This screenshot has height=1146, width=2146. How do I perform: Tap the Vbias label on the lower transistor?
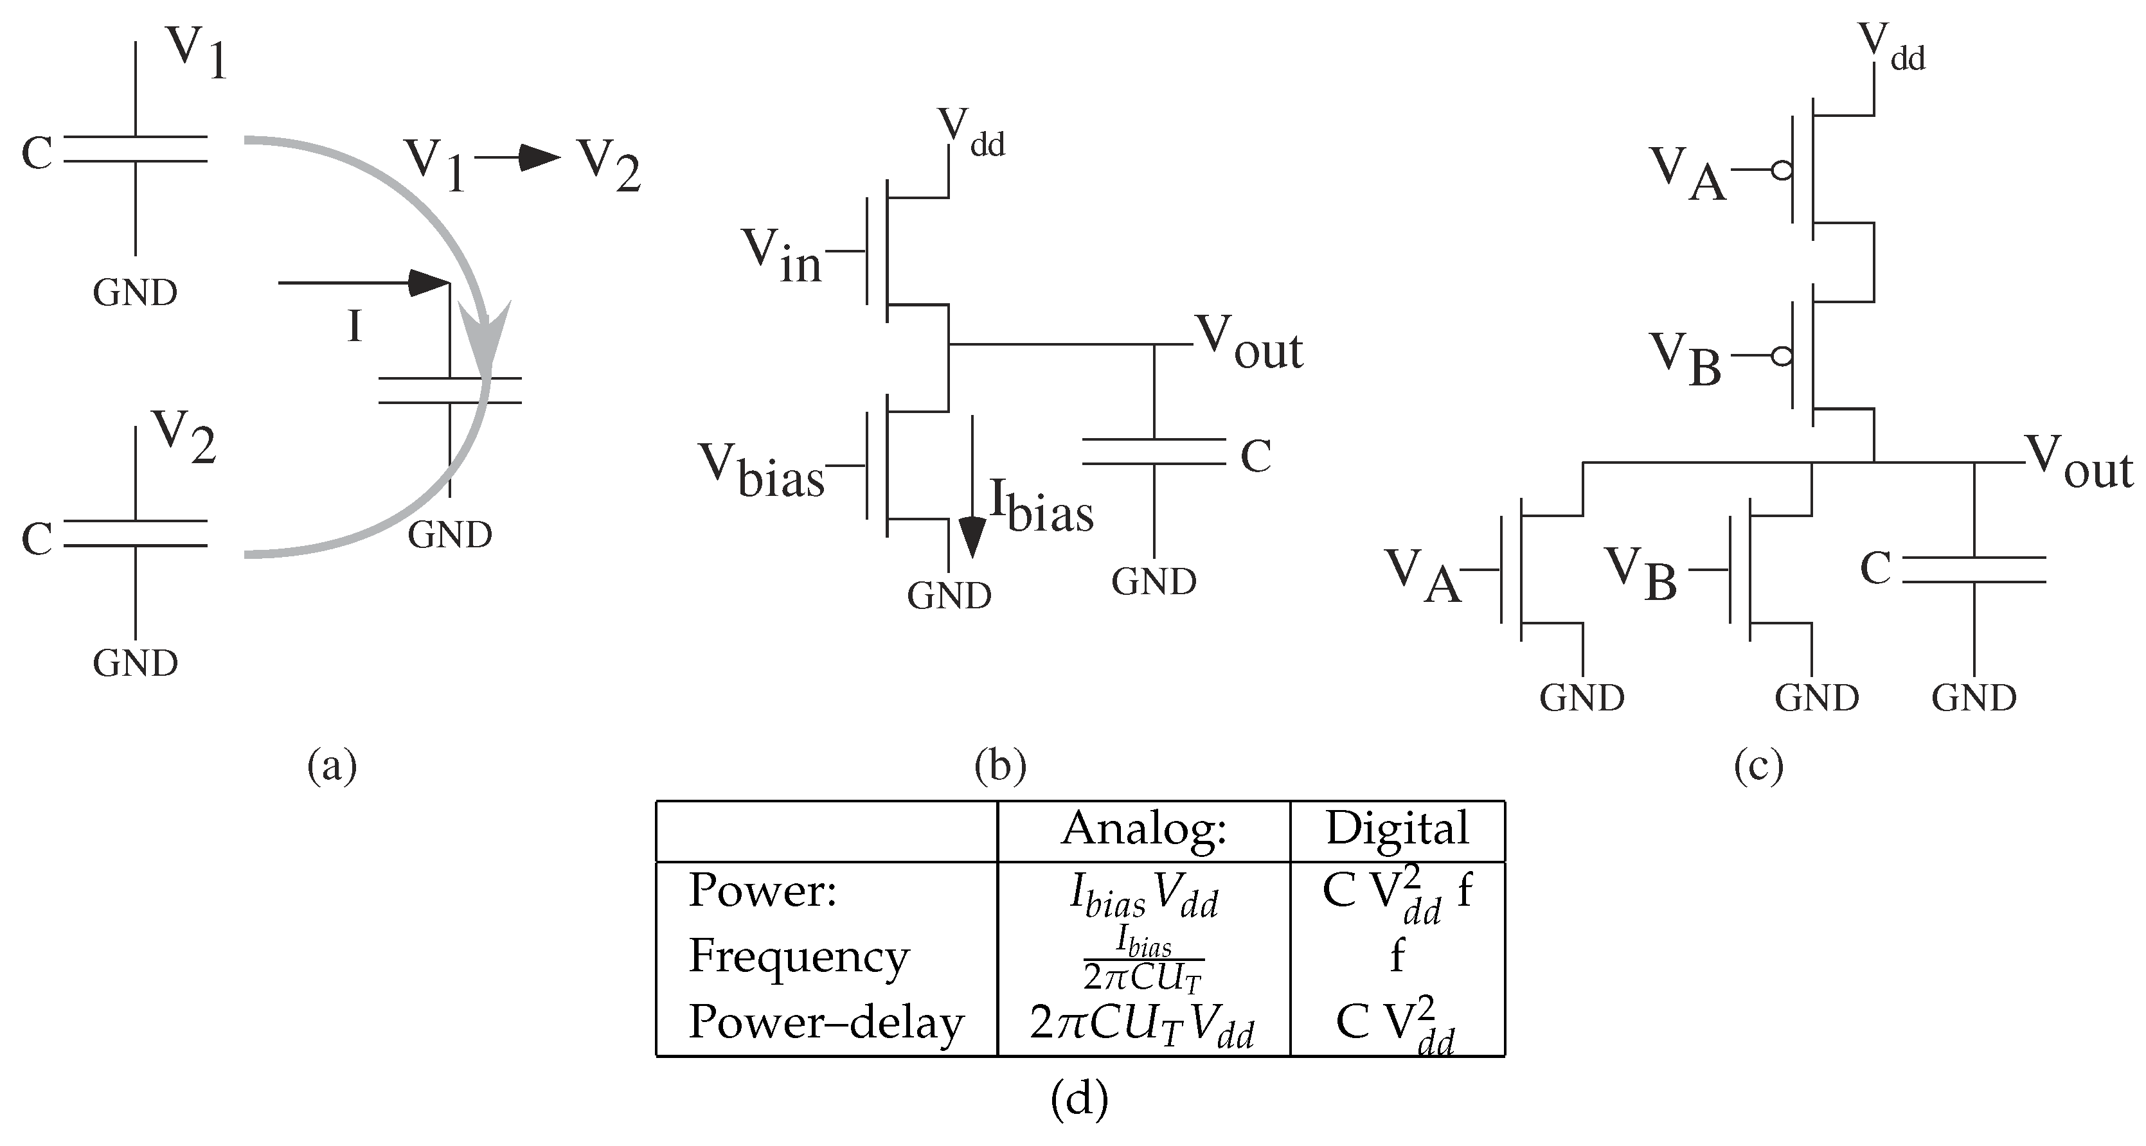tap(760, 471)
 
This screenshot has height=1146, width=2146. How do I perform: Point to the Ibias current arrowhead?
tap(971, 537)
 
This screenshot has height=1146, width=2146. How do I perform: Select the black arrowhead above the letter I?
tap(429, 283)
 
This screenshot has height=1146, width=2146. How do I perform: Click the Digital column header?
tap(1397, 829)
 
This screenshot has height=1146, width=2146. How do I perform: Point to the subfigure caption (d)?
tap(1079, 1099)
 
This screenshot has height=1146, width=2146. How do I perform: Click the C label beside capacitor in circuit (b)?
tap(1255, 455)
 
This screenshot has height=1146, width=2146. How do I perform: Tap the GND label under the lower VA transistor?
tap(1581, 698)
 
